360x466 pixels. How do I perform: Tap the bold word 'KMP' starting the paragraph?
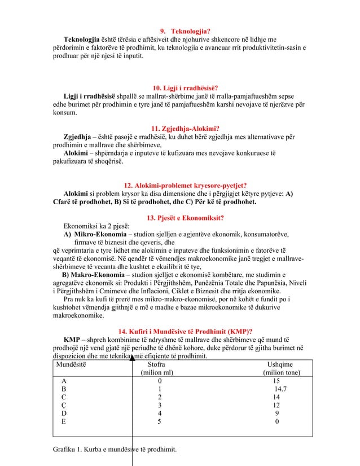[71, 340]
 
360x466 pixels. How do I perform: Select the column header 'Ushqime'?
[280, 364]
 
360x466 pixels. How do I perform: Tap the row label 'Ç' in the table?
[64, 405]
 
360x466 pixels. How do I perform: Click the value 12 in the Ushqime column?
[276, 405]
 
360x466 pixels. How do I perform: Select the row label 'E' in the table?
[64, 420]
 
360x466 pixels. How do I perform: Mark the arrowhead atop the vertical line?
[131, 357]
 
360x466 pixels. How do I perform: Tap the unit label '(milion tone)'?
[281, 372]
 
